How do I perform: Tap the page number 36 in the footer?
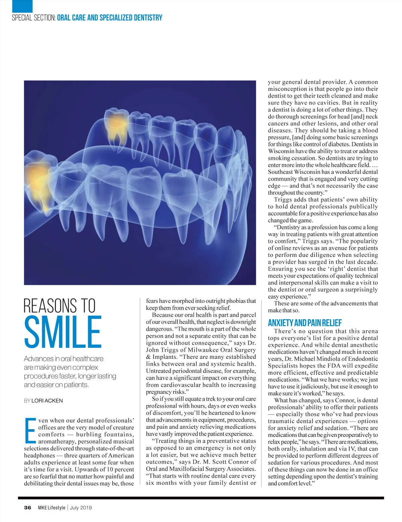coord(27,508)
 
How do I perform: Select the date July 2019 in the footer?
coord(80,508)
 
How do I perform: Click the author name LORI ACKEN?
coord(47,400)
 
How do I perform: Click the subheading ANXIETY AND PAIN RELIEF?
coord(305,323)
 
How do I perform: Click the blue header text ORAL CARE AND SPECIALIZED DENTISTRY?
coord(110,18)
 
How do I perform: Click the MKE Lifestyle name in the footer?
coord(52,508)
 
